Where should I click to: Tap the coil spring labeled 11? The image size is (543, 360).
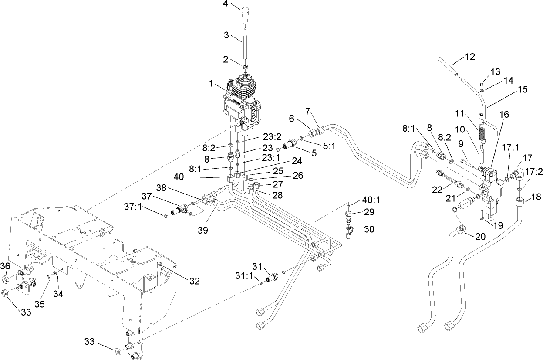pyautogui.click(x=482, y=132)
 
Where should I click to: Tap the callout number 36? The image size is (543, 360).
pyautogui.click(x=5, y=265)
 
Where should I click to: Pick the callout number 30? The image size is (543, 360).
pyautogui.click(x=369, y=229)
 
